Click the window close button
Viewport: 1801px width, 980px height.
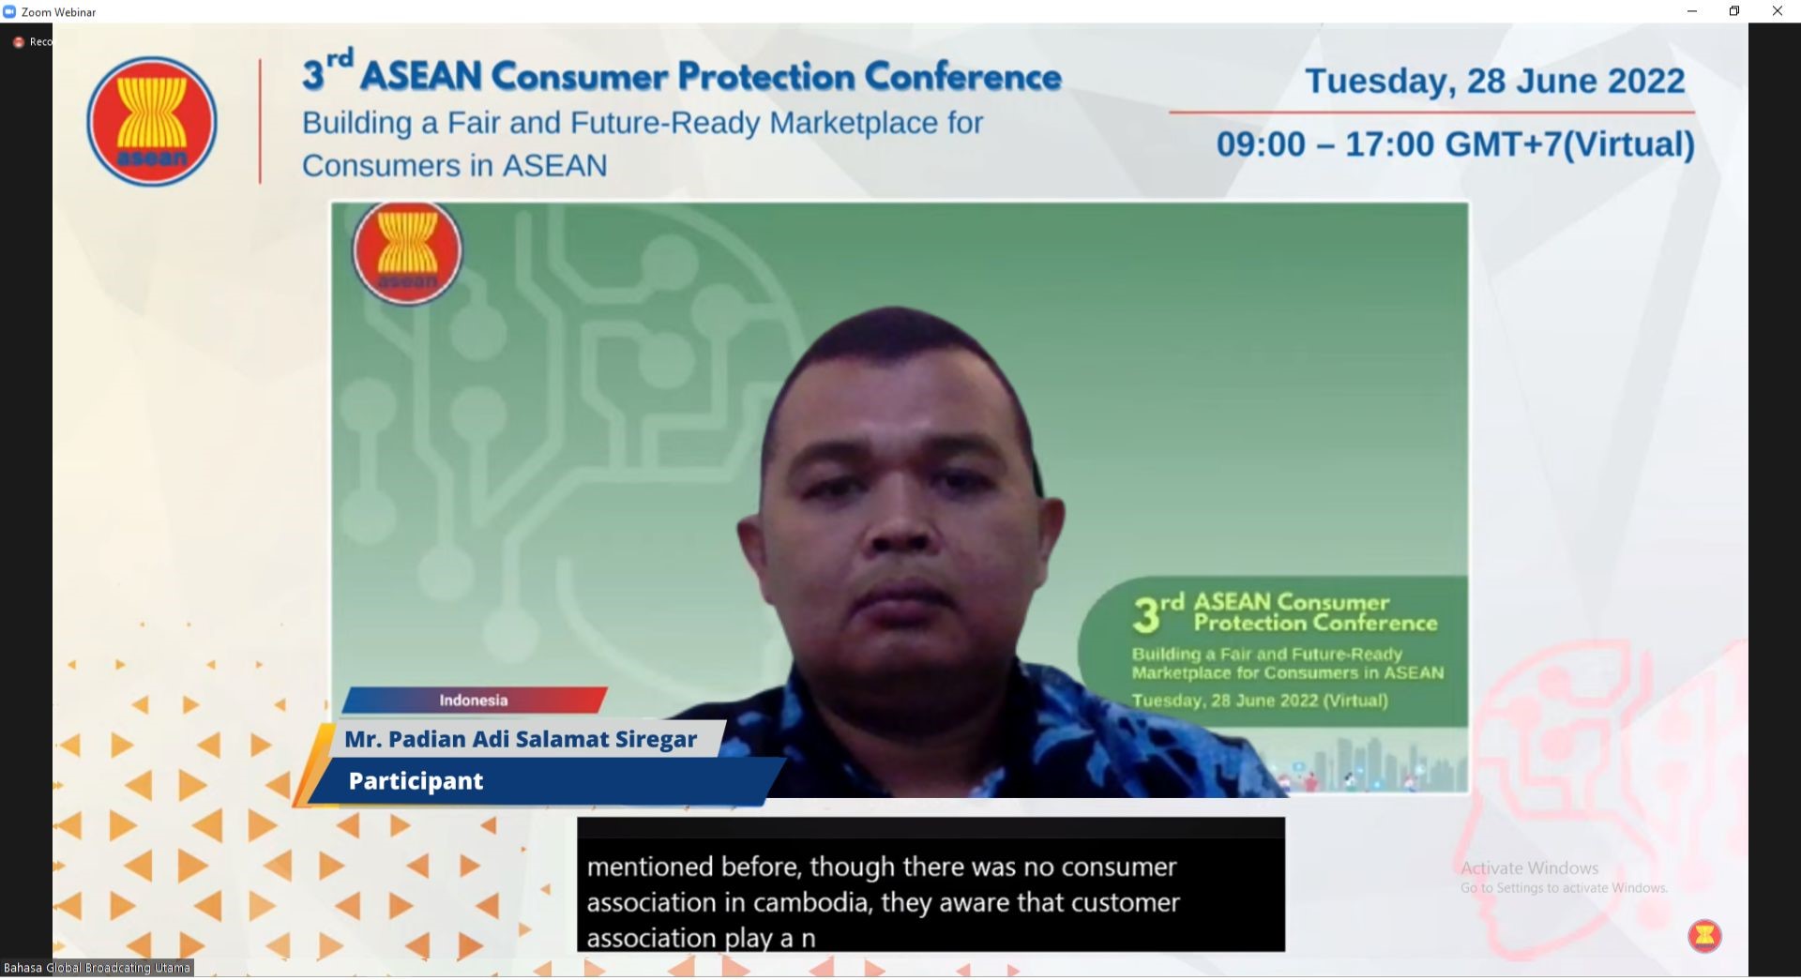1777,11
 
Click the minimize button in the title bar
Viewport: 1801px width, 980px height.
1692,11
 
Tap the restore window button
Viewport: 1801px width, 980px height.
1734,11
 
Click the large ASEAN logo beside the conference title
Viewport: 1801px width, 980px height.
152,121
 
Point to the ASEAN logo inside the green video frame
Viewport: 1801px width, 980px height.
407,251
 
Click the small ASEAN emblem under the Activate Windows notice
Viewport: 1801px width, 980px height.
1704,936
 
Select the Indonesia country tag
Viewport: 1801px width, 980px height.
474,701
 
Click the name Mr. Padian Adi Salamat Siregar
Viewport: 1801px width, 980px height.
521,739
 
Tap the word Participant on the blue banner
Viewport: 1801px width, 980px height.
416,781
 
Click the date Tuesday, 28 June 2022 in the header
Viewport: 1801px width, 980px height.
1495,81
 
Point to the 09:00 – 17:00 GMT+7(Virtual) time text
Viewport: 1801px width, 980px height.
1455,144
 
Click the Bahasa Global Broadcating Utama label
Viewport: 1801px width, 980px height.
98,968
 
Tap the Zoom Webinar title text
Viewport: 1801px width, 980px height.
58,12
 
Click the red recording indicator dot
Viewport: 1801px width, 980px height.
18,42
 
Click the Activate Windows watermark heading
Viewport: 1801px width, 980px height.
1529,868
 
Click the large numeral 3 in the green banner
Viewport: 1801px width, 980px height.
1145,616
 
